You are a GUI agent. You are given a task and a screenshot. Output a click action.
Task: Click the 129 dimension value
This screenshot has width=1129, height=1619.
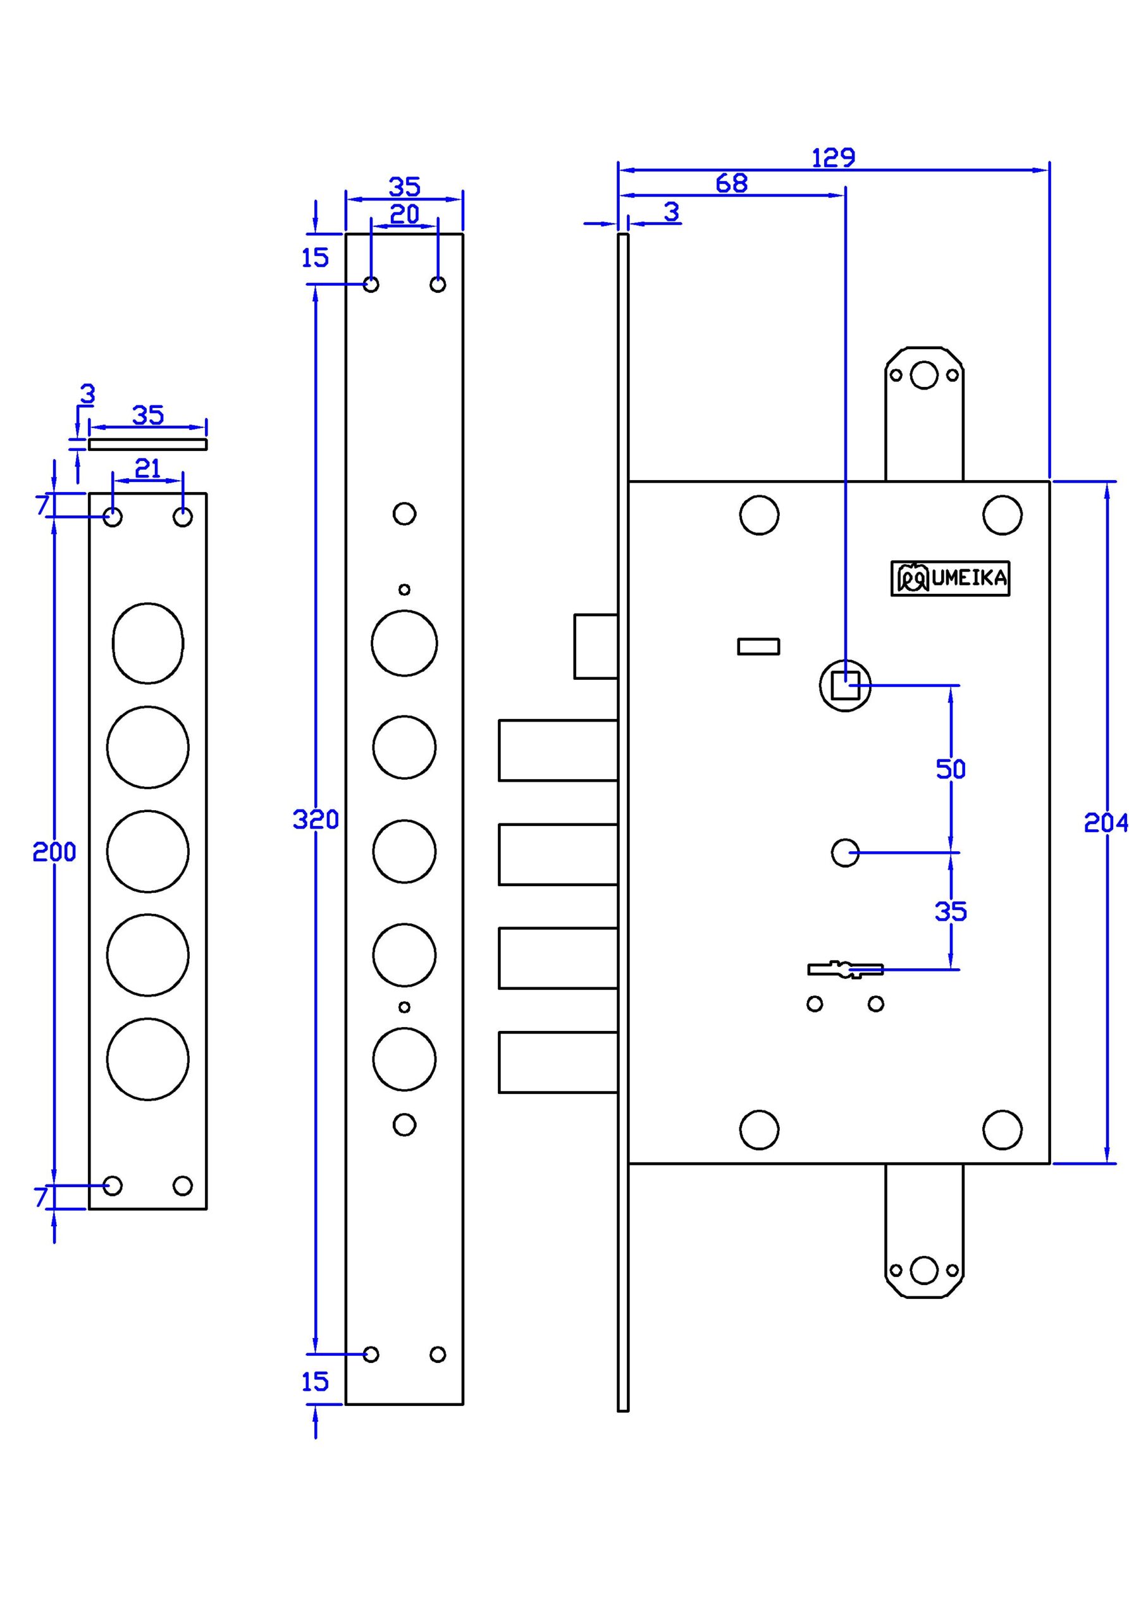(x=833, y=158)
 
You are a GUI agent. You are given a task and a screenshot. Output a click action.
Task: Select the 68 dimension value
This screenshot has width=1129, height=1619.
(x=731, y=183)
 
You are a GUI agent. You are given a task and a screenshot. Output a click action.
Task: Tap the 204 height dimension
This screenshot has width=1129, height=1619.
(x=1106, y=822)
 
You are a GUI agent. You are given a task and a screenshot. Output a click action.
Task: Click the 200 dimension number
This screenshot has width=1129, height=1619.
(x=54, y=853)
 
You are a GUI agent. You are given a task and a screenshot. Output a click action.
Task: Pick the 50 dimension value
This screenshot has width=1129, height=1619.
(x=951, y=769)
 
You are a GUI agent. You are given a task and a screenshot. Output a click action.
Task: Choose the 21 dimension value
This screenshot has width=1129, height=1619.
(x=147, y=468)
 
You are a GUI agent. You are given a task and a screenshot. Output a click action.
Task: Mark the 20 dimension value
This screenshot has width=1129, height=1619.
(x=404, y=214)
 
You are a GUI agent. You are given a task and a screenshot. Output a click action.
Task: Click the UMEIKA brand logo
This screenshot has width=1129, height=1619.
(x=950, y=578)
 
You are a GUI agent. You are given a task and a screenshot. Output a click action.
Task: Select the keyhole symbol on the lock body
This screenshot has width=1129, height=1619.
(x=845, y=970)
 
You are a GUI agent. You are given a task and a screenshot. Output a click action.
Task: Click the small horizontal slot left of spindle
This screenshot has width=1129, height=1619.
(x=758, y=646)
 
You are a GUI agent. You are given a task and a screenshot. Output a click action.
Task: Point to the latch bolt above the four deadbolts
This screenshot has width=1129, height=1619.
(x=596, y=646)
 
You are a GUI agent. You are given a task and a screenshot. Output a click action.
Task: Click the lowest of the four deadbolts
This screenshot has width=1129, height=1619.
(x=558, y=1062)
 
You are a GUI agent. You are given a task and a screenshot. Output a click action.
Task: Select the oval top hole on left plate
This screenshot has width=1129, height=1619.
(x=148, y=643)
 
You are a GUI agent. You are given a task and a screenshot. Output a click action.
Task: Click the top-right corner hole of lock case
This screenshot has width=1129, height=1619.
(x=1002, y=515)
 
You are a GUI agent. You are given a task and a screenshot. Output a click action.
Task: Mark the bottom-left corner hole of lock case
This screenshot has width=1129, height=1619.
(x=760, y=1130)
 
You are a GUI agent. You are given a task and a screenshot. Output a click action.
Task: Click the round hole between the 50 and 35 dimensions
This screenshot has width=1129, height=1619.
(x=845, y=853)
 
